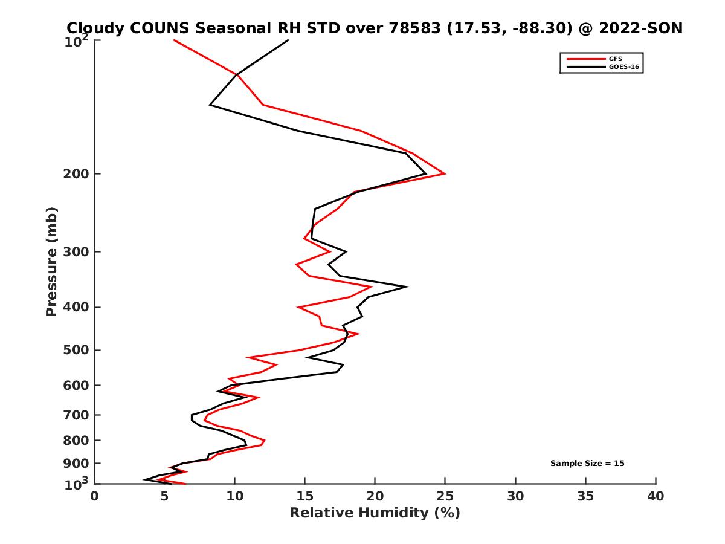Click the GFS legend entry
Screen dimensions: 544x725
[614, 59]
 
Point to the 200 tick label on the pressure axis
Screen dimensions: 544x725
[77, 174]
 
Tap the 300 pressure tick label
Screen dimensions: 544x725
[77, 251]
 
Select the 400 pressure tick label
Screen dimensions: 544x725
[77, 307]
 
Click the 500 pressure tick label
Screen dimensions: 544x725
[77, 350]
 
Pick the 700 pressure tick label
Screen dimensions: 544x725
[77, 415]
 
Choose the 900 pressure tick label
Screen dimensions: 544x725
[77, 464]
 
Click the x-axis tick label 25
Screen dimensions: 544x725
[445, 496]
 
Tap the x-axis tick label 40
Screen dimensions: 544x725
[656, 496]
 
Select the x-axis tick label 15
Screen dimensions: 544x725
[305, 496]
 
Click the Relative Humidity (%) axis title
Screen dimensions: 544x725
[375, 513]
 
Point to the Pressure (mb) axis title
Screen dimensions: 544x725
[51, 261]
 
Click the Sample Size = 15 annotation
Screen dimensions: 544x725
[587, 464]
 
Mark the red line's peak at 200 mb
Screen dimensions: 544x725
[445, 173]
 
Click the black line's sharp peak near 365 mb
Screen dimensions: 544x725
[408, 287]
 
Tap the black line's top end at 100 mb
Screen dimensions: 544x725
[288, 40]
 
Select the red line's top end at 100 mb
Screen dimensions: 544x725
[174, 40]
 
